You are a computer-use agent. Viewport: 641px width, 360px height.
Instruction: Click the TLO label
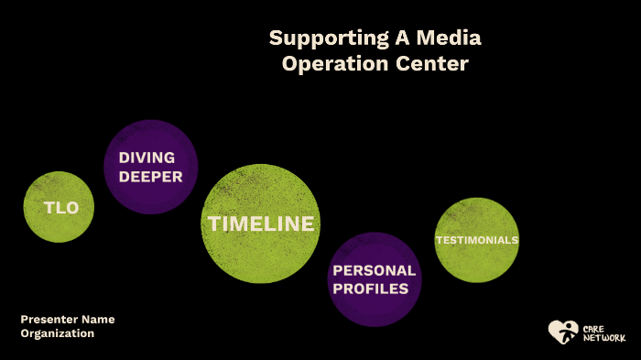[x=61, y=208]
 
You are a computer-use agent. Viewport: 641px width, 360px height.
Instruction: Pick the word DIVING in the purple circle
[x=147, y=158]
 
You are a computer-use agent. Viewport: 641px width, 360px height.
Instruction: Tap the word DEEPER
[x=151, y=177]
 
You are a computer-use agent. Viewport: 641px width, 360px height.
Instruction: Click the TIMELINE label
[x=261, y=224]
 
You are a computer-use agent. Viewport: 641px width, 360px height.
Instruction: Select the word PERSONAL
[x=374, y=270]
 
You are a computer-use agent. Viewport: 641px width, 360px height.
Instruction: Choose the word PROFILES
[x=371, y=289]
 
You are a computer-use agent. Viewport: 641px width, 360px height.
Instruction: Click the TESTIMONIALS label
[x=476, y=240]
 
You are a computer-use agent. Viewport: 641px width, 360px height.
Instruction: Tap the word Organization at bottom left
[x=58, y=333]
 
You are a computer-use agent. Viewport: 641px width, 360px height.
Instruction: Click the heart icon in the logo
[x=561, y=331]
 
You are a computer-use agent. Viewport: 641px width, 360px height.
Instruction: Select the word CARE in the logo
[x=592, y=327]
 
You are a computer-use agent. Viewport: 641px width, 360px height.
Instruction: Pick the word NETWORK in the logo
[x=603, y=338]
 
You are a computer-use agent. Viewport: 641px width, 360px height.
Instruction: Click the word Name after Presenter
[x=98, y=319]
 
